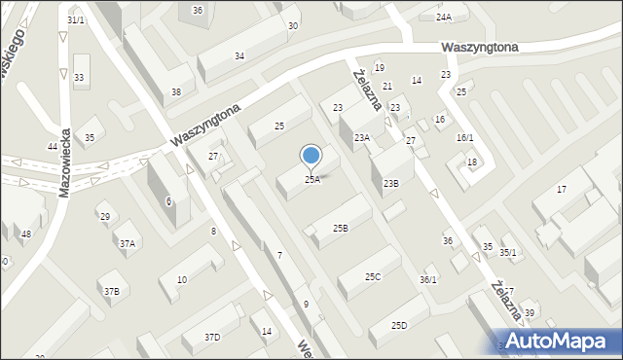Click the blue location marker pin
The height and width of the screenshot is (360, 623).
311,156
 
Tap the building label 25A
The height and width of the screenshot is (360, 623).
311,180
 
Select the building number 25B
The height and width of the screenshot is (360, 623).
340,229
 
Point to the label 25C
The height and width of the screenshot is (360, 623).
373,277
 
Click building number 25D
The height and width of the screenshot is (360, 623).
399,326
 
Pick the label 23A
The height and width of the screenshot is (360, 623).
362,138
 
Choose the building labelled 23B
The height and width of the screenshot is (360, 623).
390,183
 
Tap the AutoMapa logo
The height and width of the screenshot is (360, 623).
561,341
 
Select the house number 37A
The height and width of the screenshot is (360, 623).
128,243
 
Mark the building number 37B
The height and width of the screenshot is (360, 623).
112,291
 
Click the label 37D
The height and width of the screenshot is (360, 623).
212,337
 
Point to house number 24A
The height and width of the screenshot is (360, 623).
444,18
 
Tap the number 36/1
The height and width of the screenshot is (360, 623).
427,280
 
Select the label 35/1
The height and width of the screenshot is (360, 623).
508,253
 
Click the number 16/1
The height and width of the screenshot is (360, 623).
464,138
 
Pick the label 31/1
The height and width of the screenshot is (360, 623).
76,19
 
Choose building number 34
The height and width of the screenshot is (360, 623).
238,56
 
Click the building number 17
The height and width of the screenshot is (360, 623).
562,189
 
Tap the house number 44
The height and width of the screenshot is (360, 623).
53,146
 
